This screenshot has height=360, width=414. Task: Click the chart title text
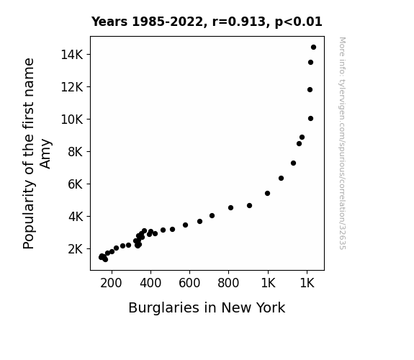(207, 22)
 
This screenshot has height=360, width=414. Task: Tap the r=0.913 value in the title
(239, 22)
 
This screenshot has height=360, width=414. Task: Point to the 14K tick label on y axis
(72, 55)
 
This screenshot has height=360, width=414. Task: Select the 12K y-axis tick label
(72, 87)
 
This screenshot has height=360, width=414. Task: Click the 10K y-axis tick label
(72, 120)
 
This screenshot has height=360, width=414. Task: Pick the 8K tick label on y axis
(76, 152)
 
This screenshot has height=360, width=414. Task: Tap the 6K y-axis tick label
(76, 184)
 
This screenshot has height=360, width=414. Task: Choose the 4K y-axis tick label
(76, 217)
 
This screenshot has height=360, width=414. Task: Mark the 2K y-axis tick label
(76, 249)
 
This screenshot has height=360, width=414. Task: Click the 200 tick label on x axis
(111, 283)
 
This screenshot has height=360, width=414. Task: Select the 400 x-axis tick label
(150, 283)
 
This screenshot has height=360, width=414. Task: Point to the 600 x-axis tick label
(189, 283)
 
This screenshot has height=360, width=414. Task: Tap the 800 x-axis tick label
(228, 283)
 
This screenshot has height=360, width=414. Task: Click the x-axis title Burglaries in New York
(207, 307)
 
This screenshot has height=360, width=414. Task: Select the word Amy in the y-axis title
(45, 153)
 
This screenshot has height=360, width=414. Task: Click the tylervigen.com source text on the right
(342, 143)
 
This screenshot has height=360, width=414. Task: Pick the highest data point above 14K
(313, 48)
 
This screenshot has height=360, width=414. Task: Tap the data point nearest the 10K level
(310, 119)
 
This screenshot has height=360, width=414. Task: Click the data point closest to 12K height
(310, 90)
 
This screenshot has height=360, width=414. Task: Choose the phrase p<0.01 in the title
(299, 22)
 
